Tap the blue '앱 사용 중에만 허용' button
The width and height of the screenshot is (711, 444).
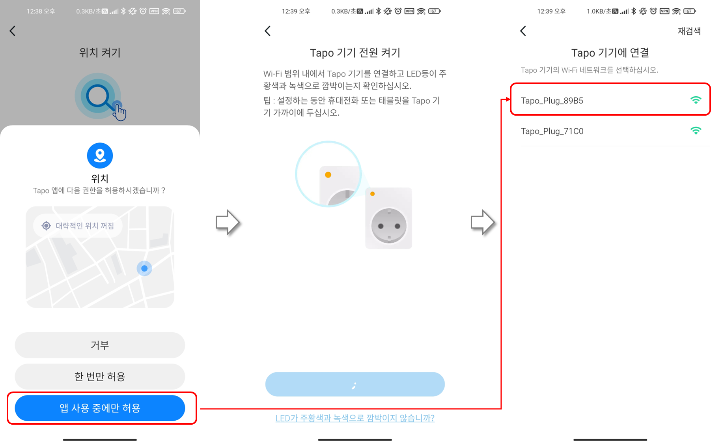pyautogui.click(x=100, y=408)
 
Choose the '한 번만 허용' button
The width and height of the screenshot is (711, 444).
pyautogui.click(x=100, y=377)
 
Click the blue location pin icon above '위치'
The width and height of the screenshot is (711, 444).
pyautogui.click(x=100, y=155)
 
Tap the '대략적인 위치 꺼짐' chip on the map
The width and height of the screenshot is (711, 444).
pyautogui.click(x=78, y=226)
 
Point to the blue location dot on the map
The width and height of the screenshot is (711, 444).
pyautogui.click(x=144, y=268)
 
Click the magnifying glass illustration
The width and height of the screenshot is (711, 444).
pyautogui.click(x=98, y=96)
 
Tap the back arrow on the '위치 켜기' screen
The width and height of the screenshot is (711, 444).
pyautogui.click(x=13, y=31)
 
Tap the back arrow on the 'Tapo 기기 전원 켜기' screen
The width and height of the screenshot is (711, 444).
pyautogui.click(x=268, y=31)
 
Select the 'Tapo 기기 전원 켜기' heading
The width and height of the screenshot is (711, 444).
pyautogui.click(x=355, y=52)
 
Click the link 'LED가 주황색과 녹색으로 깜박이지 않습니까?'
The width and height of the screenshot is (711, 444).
pyautogui.click(x=355, y=418)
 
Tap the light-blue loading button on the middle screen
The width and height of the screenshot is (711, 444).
pyautogui.click(x=355, y=384)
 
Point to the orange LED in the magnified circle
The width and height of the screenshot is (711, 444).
pyautogui.click(x=328, y=175)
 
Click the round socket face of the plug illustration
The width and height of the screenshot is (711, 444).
pyautogui.click(x=388, y=226)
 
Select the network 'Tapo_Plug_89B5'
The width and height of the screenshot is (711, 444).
pyautogui.click(x=552, y=101)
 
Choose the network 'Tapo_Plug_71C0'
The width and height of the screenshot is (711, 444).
pyautogui.click(x=552, y=131)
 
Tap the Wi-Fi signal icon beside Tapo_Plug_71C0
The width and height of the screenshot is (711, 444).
pyautogui.click(x=696, y=131)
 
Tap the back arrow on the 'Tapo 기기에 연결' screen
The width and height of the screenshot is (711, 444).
pyautogui.click(x=523, y=31)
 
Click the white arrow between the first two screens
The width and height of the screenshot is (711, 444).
pyautogui.click(x=228, y=222)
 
